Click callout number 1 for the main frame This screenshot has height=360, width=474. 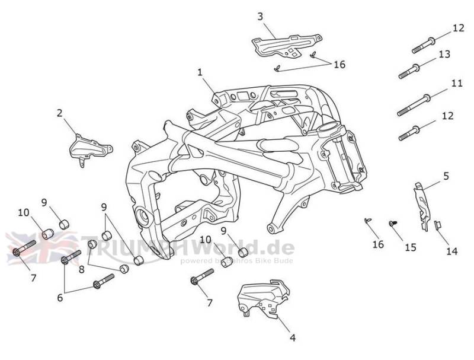point(200,72)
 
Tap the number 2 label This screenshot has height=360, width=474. point(59,113)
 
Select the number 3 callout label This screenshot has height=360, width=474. point(260,17)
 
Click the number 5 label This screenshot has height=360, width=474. point(446,176)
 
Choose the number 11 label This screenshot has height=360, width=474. point(456,84)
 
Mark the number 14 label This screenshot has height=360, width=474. point(451,251)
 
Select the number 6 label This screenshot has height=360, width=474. point(60,298)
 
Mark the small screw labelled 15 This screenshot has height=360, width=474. point(392,223)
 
